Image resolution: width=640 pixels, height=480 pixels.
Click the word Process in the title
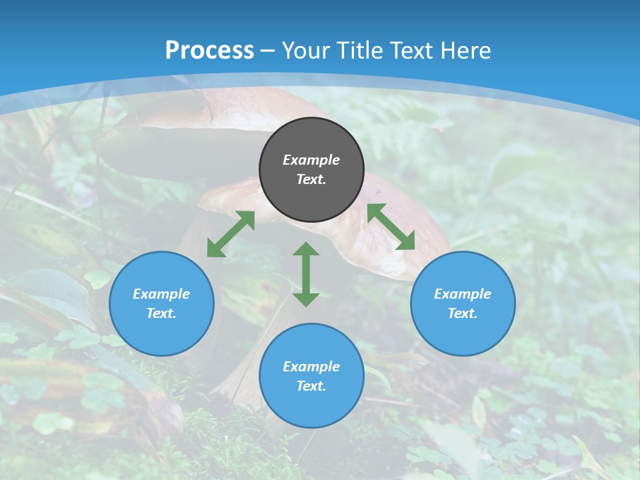209,51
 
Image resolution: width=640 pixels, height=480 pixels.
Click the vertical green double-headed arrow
306,274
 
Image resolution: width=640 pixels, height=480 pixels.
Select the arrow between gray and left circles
231,234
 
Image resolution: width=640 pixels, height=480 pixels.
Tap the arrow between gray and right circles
391,227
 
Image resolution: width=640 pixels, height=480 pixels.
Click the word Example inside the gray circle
311,160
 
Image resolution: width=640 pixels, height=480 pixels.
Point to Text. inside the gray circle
311,179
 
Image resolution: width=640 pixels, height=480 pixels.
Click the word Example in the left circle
161,294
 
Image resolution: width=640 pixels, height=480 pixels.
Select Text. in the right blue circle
463,313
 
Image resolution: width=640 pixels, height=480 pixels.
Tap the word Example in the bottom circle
311,367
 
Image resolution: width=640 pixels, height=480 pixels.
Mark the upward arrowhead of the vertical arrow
306,249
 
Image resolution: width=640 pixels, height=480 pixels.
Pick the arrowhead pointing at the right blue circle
405,241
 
